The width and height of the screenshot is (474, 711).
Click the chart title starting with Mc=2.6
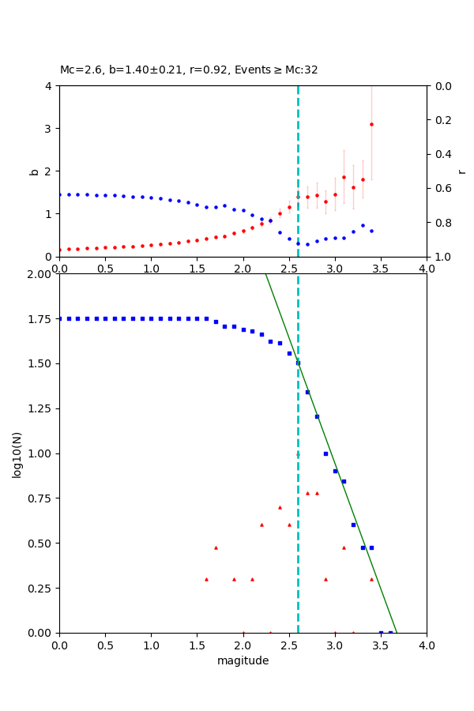pos(189,70)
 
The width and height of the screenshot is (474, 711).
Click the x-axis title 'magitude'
pos(243,660)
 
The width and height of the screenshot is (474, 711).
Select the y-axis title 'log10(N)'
pos(17,453)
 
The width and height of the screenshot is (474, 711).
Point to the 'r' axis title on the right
pos(461,171)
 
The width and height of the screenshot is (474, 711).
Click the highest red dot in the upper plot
pos(371,124)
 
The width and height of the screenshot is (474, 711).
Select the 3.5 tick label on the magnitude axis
pos(381,645)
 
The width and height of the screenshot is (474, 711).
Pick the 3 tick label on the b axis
pos(49,128)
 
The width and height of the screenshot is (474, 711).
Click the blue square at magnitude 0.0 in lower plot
pos(59,318)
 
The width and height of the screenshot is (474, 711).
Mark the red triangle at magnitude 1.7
pos(216,547)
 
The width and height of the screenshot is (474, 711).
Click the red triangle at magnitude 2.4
pos(280,507)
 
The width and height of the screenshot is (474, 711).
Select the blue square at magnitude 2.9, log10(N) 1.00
pos(325,453)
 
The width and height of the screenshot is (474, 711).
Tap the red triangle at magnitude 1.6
pos(206,579)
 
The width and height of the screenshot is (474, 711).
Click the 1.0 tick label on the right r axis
pos(444,257)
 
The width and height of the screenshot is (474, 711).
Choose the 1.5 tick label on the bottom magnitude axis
pos(197,645)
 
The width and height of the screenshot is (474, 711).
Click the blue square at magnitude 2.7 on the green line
pos(307,392)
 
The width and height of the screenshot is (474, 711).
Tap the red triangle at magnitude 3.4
pos(371,579)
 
